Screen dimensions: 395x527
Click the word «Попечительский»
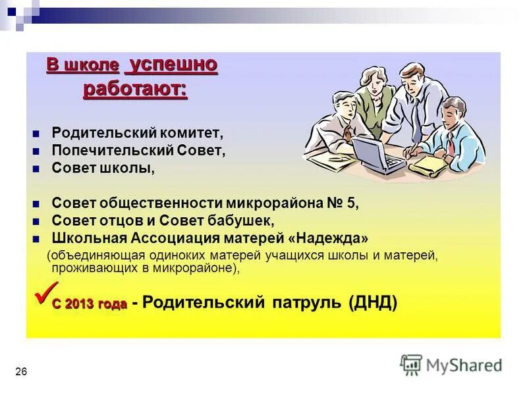113,150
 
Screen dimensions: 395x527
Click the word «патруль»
306,303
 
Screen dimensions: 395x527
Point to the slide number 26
21,373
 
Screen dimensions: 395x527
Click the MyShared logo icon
411,364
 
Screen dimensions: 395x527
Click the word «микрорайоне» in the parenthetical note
191,269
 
